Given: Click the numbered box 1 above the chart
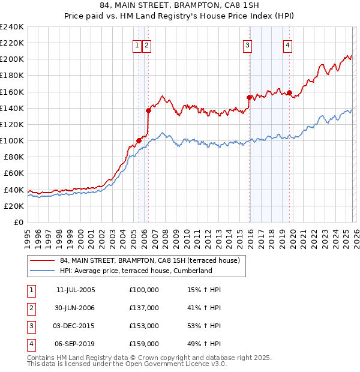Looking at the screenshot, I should pos(137,44).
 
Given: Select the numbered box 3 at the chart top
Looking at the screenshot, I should pos(247,44).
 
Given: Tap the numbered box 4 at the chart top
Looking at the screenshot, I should pos(288,44).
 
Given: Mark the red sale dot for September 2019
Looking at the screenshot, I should pos(289,92).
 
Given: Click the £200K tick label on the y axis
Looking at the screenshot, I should pos(12,59).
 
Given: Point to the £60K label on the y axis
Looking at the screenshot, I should pos(14,173).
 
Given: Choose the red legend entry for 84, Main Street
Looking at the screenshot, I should pos(149,260).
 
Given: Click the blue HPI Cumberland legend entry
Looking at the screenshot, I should pos(136,271).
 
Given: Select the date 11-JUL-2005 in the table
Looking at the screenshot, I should pos(75,290).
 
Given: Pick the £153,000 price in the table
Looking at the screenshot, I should pos(144,326).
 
